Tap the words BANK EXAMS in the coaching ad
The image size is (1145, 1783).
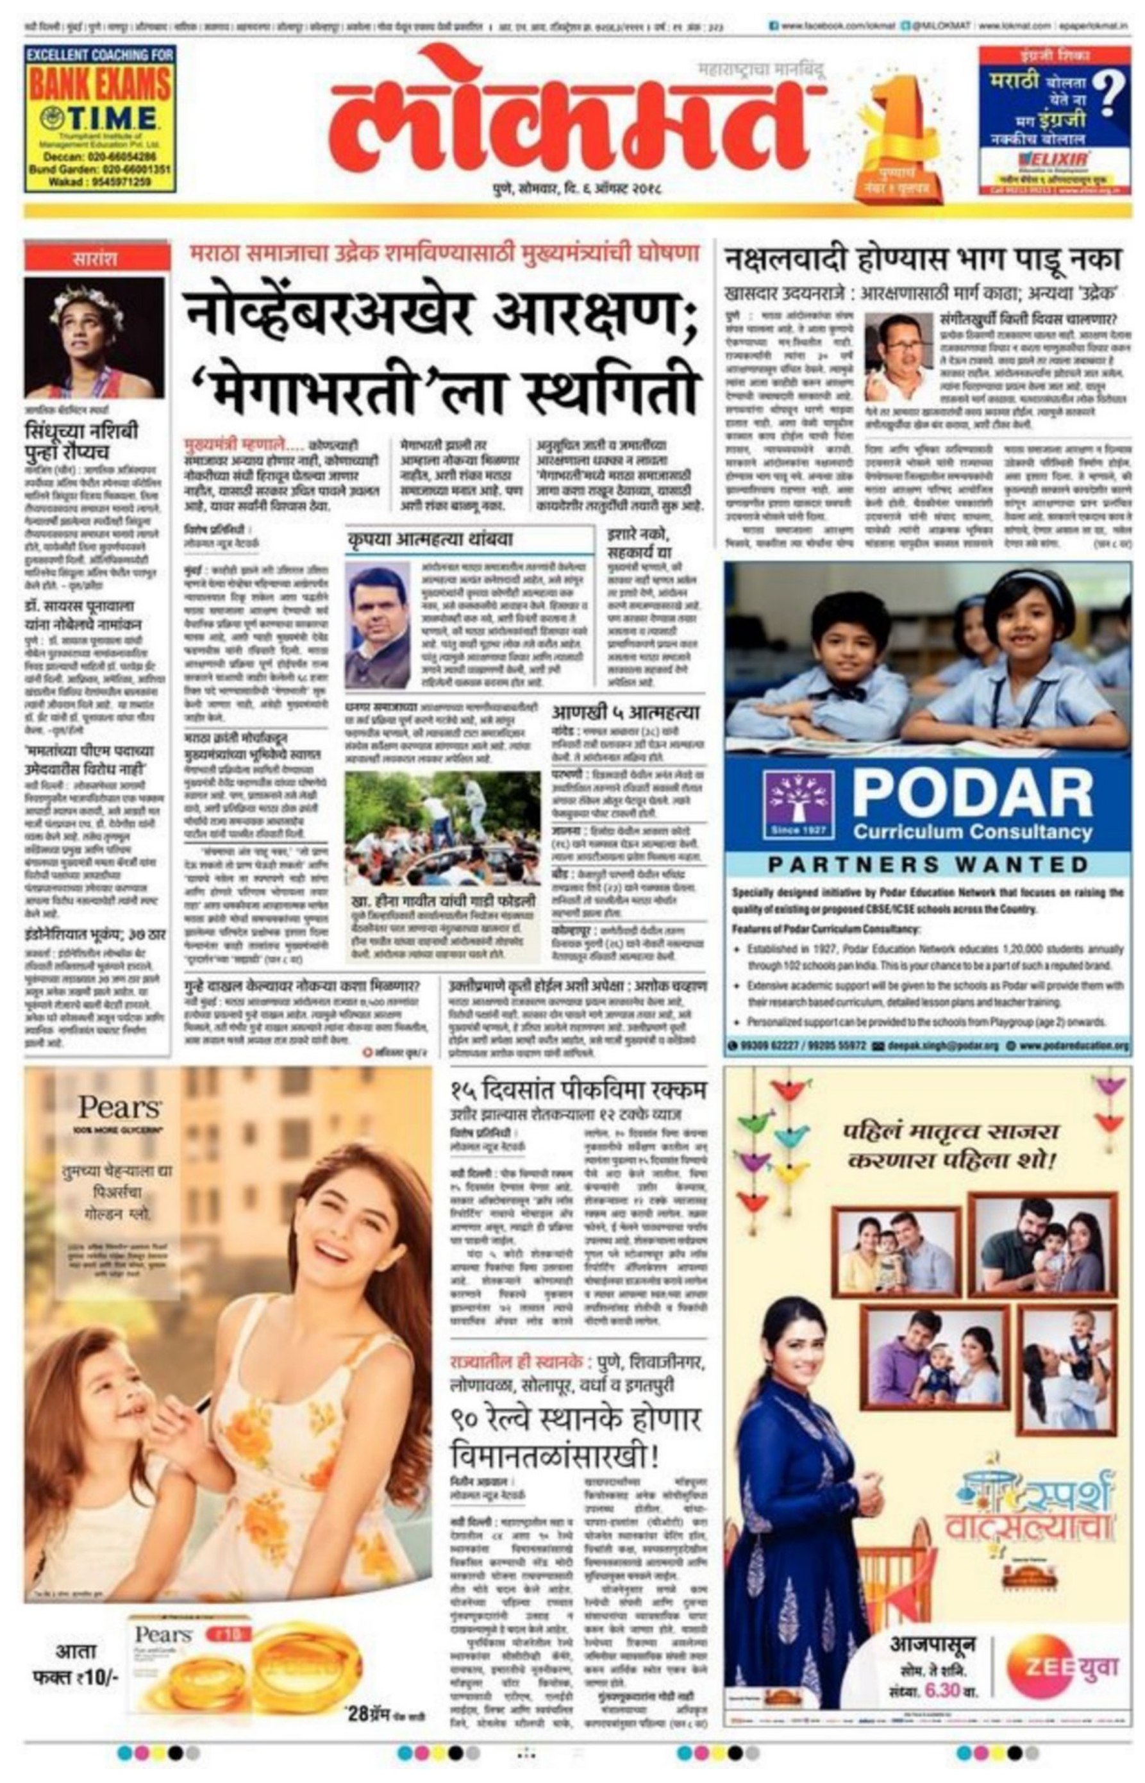point(99,85)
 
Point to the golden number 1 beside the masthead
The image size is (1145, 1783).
point(899,122)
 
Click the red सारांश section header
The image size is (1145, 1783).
point(94,260)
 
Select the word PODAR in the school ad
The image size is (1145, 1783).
point(972,794)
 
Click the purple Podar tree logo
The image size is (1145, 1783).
point(799,801)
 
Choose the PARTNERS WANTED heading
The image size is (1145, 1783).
point(927,865)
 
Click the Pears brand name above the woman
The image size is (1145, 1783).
point(119,1107)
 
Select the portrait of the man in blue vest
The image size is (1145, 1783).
point(378,623)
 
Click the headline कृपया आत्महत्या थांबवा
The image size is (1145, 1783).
point(429,539)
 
